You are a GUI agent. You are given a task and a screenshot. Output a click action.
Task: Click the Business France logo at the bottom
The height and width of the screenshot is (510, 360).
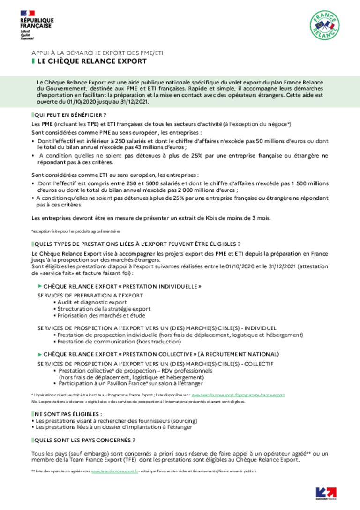326,494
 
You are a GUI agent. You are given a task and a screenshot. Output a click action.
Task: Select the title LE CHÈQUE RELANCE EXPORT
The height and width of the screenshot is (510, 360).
92,61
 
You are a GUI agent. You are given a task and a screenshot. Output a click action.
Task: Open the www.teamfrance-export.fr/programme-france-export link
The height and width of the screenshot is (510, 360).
238,395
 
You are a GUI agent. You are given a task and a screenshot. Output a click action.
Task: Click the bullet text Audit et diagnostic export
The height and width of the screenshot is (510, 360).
92,302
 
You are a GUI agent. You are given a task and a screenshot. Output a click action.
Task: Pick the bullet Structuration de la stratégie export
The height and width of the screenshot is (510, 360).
104,309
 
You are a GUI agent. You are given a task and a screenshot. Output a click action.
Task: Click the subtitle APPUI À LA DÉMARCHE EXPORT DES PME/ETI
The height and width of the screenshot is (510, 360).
97,53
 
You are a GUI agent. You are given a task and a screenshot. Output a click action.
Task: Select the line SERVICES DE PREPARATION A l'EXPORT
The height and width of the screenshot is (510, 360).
90,295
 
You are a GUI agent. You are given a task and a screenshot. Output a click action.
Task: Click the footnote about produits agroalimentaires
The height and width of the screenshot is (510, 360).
76,231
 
